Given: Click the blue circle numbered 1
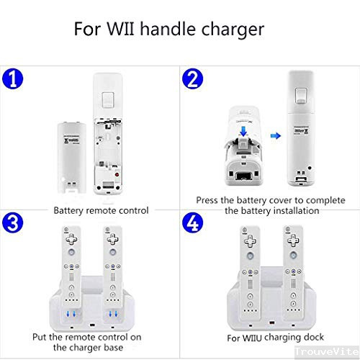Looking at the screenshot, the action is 12,79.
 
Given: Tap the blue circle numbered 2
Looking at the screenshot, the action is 192,78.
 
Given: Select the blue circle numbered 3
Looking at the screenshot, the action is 12,223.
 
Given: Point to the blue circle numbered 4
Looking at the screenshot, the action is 192,222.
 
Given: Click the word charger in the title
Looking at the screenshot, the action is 233,30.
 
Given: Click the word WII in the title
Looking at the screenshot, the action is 120,29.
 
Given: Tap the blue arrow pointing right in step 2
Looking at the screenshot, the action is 276,136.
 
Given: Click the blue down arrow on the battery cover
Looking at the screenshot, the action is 243,131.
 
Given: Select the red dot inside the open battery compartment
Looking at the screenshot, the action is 117,174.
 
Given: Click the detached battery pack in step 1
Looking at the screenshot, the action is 71,157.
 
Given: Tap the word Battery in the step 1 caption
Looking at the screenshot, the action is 68,211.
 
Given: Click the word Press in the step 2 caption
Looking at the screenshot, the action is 207,200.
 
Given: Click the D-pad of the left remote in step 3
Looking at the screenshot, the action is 71,239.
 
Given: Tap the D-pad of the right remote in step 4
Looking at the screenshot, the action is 293,240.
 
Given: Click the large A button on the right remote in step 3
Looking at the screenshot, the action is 113,252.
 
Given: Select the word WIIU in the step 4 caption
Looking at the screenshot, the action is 251,338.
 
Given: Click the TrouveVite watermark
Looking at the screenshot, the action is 327,351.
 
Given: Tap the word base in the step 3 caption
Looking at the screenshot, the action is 114,348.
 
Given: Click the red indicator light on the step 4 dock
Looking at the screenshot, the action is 271,323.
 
